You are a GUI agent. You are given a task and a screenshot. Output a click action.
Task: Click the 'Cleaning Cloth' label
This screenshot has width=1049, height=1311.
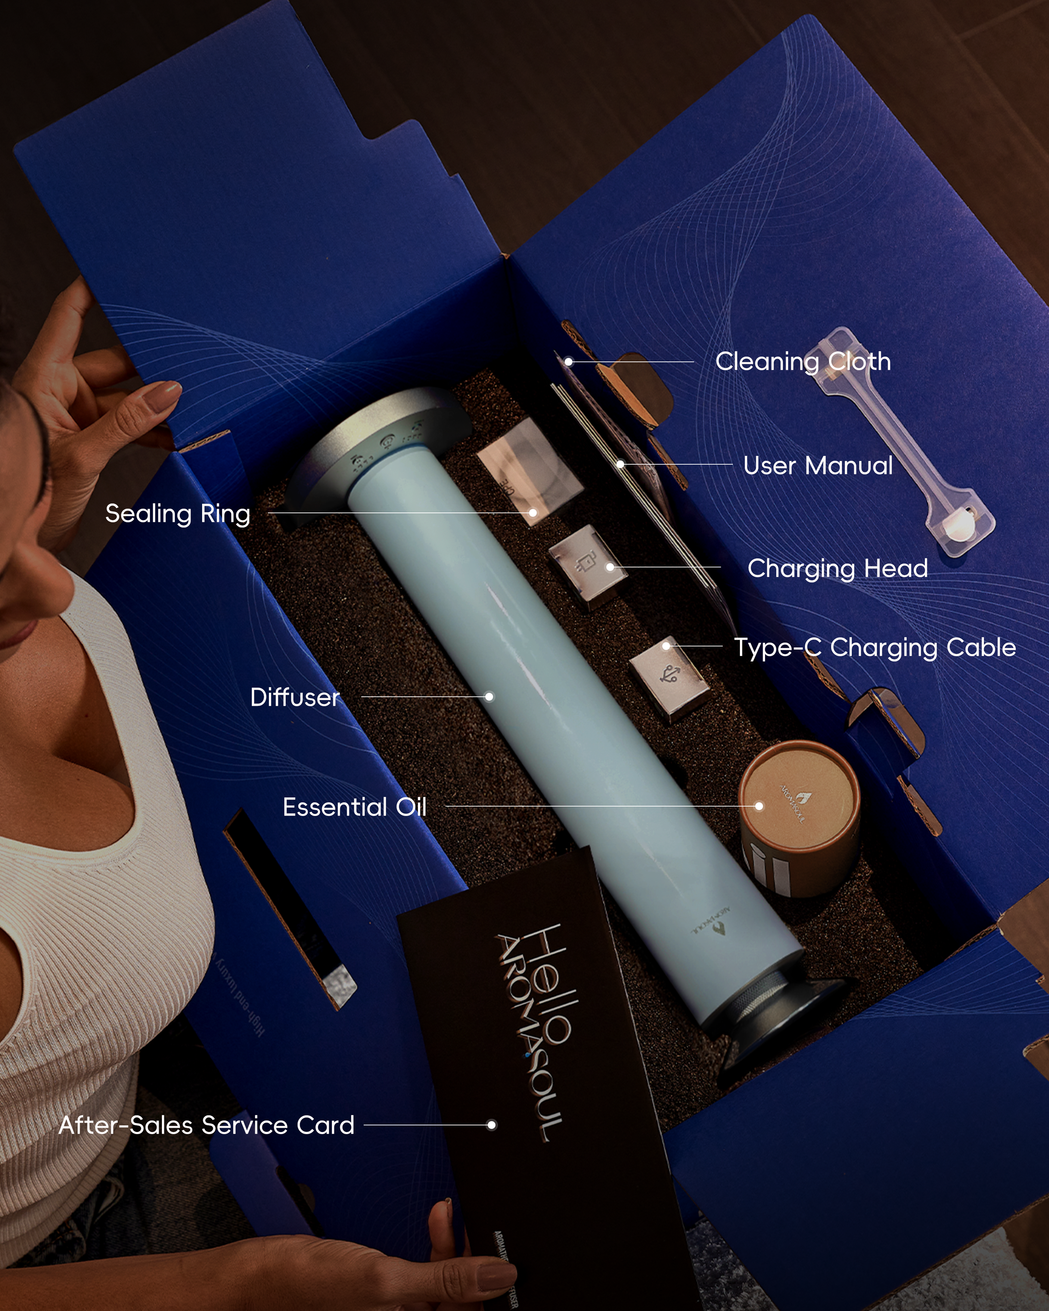[803, 362]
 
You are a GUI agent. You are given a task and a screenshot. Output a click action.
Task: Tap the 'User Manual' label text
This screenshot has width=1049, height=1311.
[818, 466]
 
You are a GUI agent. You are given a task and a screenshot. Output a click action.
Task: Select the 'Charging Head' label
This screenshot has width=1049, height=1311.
[837, 568]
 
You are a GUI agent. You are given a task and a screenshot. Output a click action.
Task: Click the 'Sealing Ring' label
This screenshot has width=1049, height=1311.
[178, 514]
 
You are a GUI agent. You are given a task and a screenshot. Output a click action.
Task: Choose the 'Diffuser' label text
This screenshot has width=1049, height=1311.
[295, 697]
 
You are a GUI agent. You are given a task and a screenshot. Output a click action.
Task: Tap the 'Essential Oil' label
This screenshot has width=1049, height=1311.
[355, 807]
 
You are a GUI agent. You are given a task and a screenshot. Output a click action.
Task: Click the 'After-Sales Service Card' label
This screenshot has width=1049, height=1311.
[207, 1125]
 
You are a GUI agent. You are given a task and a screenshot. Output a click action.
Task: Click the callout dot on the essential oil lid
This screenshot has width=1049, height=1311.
[759, 806]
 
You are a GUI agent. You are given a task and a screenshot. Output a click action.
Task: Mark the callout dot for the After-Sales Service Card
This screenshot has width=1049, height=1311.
[491, 1125]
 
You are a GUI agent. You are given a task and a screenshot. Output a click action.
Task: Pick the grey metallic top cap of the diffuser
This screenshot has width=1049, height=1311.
[377, 438]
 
